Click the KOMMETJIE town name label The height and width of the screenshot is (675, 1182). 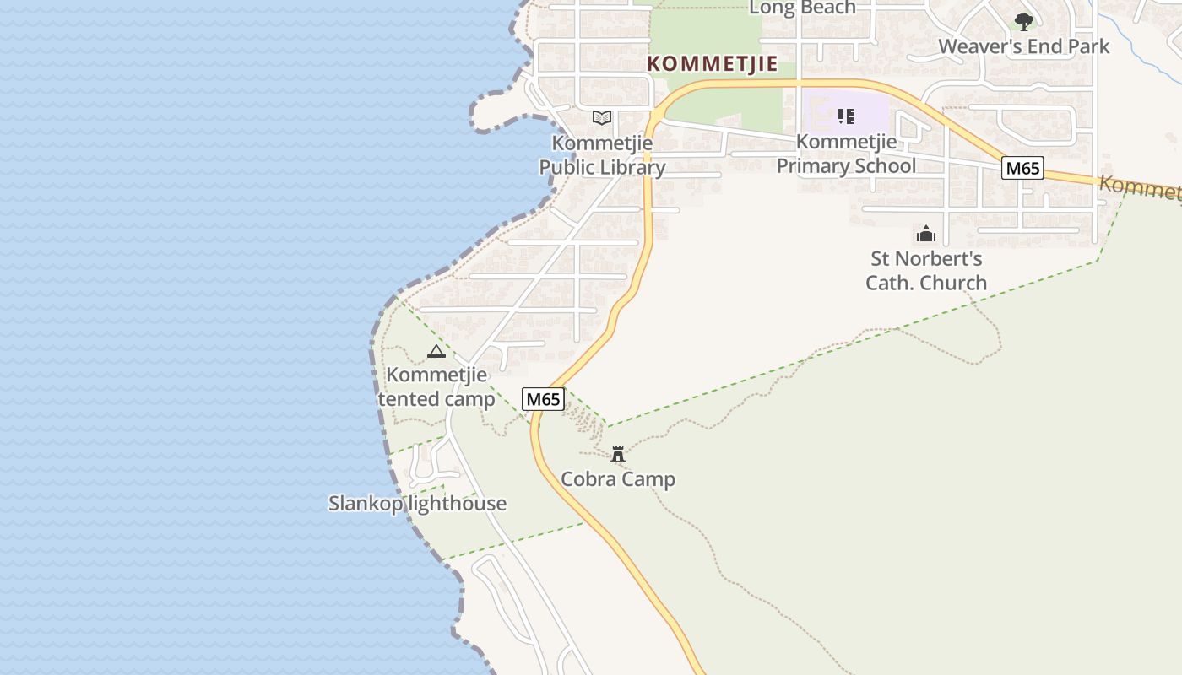tap(712, 64)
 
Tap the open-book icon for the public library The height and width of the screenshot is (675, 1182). tap(601, 118)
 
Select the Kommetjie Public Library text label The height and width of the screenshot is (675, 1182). tap(602, 155)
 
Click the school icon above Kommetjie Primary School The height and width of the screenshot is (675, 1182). tap(845, 116)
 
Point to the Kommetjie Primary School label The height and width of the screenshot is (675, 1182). tap(846, 154)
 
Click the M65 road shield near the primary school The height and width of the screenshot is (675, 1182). tap(1022, 168)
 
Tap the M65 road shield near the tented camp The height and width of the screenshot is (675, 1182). tap(543, 399)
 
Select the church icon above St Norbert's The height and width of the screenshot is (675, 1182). tap(926, 234)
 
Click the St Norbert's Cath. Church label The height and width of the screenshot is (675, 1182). tap(926, 270)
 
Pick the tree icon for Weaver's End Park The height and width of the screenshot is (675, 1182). tap(1024, 22)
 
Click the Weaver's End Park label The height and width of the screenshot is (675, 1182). tap(1024, 46)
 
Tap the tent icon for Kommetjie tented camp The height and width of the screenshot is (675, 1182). tap(436, 351)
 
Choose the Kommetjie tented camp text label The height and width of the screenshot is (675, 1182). tap(436, 386)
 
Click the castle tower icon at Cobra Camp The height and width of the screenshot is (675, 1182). tap(618, 454)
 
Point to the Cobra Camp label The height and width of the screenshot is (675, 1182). tap(618, 479)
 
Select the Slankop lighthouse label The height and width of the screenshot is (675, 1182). tap(417, 503)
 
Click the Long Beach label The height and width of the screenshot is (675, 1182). tap(802, 8)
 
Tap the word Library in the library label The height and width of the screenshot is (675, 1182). tap(630, 167)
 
